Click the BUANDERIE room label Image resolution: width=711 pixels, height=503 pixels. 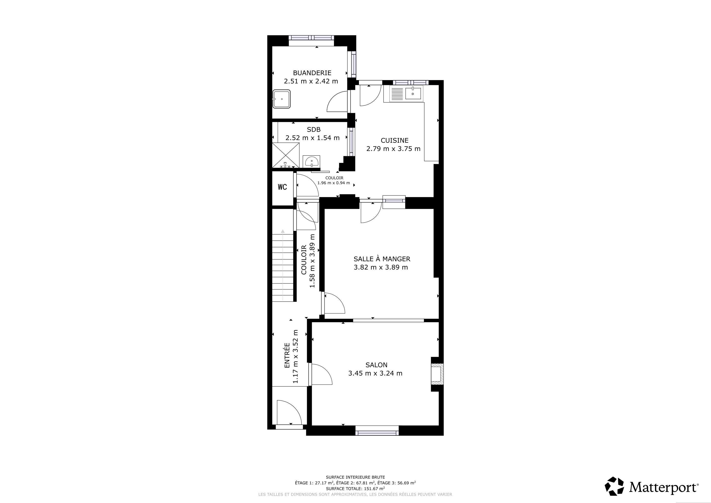point(312,73)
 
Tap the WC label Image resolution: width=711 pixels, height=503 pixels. point(282,187)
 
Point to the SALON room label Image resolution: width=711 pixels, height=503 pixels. point(377,365)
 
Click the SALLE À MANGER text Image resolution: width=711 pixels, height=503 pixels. point(382,259)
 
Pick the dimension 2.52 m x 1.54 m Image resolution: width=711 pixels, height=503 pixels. point(313,138)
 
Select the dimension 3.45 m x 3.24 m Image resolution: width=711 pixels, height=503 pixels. point(375,374)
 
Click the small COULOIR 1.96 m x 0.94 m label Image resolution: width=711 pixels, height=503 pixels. point(334,181)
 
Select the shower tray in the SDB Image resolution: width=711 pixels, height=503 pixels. point(286,155)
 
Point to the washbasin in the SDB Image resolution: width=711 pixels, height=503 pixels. point(311,161)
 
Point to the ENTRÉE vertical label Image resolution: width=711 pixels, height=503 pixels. point(287,355)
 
